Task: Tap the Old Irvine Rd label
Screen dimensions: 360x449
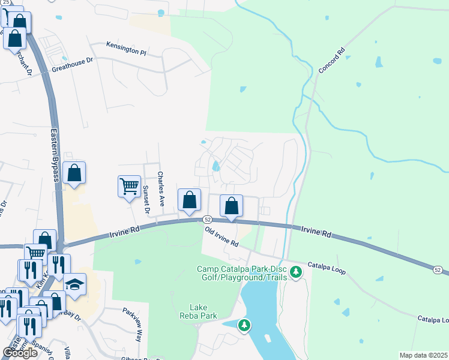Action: coord(221,237)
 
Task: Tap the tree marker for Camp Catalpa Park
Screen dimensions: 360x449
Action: coord(295,273)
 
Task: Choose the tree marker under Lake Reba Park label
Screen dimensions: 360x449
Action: coord(244,326)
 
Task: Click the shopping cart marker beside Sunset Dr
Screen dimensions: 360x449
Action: coord(129,187)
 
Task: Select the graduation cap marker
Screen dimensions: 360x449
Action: coord(75,285)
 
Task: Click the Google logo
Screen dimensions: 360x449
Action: coord(20,353)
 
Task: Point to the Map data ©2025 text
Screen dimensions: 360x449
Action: coord(423,355)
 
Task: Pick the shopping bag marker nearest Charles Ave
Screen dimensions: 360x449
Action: coord(189,200)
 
